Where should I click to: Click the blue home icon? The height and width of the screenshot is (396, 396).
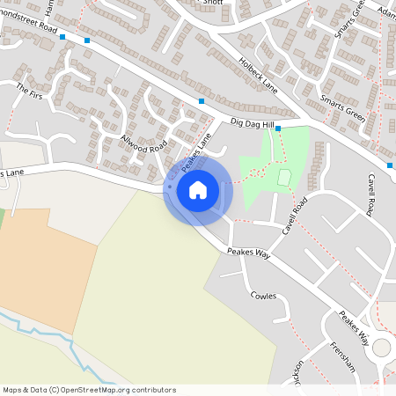click(x=198, y=189)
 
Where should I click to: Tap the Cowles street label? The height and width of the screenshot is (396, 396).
click(x=263, y=296)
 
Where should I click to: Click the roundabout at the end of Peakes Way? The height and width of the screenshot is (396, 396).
click(x=383, y=348)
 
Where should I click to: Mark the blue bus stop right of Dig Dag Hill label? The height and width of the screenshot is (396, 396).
click(x=278, y=128)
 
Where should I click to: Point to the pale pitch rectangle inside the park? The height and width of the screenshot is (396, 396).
click(x=284, y=177)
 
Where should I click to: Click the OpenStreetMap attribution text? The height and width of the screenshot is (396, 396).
click(x=89, y=389)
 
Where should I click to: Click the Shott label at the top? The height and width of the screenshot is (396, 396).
click(x=213, y=3)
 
